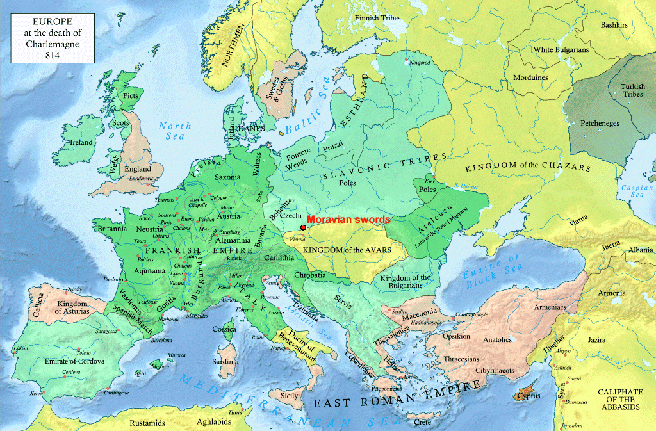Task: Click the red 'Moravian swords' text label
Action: pyautogui.click(x=348, y=219)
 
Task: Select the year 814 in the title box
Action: pyautogui.click(x=53, y=55)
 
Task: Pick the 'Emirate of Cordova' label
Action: pyautogui.click(x=74, y=361)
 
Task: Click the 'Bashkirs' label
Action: pyautogui.click(x=614, y=25)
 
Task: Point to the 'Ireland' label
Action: pyautogui.click(x=81, y=142)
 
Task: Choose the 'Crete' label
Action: pyautogui.click(x=423, y=423)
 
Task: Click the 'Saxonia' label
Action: pyautogui.click(x=227, y=177)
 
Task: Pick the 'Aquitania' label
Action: pyautogui.click(x=151, y=271)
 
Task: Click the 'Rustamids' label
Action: pyautogui.click(x=147, y=423)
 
